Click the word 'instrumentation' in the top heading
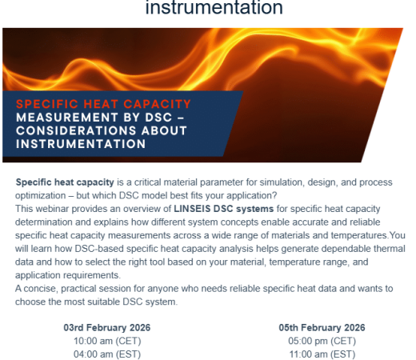click(x=214, y=7)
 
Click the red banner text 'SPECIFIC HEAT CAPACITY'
click(x=103, y=104)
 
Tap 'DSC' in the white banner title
click(x=158, y=118)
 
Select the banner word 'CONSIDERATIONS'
click(x=77, y=130)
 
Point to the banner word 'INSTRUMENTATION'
click(x=81, y=144)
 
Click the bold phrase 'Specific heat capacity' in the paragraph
click(x=65, y=182)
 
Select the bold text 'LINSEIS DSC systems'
click(x=223, y=209)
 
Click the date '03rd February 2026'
click(x=107, y=327)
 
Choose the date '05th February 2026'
click(x=322, y=327)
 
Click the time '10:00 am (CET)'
click(x=107, y=341)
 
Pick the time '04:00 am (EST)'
click(x=107, y=354)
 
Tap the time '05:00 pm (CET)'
click(x=322, y=341)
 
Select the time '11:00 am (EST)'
click(x=322, y=354)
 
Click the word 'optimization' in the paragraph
click(x=40, y=196)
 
